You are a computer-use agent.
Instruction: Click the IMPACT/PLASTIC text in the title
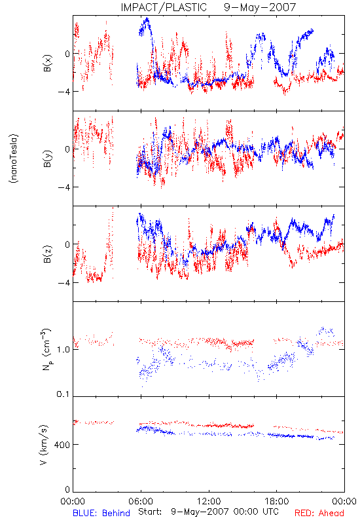tap(164, 7)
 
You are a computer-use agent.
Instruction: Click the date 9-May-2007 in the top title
tap(260, 7)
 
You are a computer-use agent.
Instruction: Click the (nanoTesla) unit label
tap(14, 159)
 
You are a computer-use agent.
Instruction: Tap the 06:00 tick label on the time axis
tap(141, 501)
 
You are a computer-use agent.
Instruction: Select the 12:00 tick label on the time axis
tap(209, 501)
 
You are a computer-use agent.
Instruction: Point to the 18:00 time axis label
tap(277, 501)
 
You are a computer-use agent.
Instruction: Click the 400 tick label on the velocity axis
tap(62, 445)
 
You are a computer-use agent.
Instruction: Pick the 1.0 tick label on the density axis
tap(63, 350)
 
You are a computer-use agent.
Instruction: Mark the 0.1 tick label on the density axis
tap(63, 394)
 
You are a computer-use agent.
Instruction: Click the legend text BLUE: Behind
tap(101, 513)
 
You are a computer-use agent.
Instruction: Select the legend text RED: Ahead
tap(319, 513)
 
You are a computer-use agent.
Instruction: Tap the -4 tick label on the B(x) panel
tap(63, 92)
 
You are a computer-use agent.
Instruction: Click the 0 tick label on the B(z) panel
tap(67, 244)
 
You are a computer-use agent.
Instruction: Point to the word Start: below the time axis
tap(150, 512)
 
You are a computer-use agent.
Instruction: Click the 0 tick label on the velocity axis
tap(67, 489)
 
